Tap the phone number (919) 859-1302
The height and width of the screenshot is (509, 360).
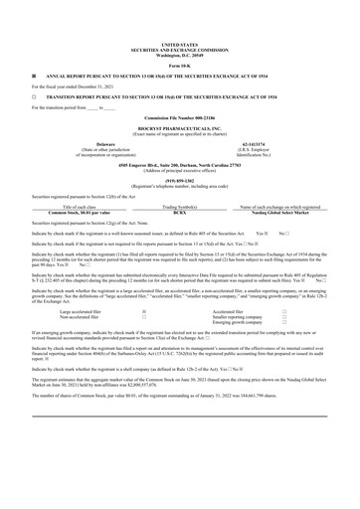coord(179,180)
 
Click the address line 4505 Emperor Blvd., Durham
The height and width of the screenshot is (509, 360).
coord(179,162)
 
